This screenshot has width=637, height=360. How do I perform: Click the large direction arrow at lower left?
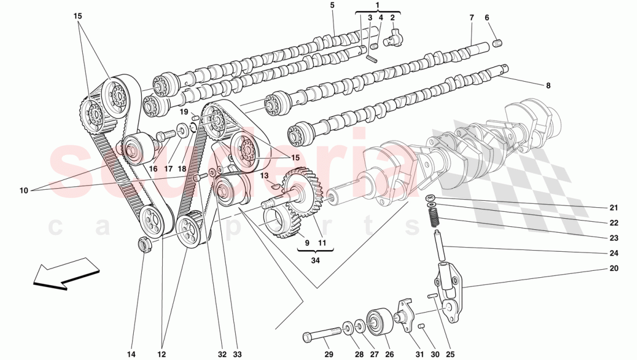coord(66,274)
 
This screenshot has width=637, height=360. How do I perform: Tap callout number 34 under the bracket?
coord(315,260)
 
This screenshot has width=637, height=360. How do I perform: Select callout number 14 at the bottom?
coord(131,354)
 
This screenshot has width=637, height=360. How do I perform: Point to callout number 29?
coord(328,354)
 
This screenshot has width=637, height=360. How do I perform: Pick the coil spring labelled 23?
coord(434,217)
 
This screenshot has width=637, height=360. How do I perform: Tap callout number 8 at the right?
coord(548,86)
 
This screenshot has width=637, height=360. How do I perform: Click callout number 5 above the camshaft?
coord(332,5)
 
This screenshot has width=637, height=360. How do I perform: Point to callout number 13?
coord(265,175)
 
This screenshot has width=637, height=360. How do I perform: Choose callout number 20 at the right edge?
coord(613,269)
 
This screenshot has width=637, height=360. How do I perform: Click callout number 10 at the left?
coord(24,190)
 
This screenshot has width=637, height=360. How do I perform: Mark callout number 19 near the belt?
coord(184,112)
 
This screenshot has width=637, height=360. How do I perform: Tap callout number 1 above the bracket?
coord(378,5)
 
